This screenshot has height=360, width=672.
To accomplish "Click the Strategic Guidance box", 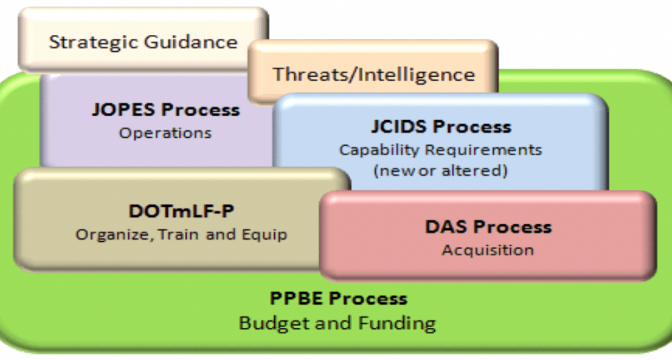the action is click(x=143, y=40).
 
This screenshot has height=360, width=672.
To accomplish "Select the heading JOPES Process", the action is click(x=166, y=110).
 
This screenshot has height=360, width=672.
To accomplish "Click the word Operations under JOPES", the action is click(x=165, y=133).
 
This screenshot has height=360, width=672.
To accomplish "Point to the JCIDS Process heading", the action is click(x=441, y=127).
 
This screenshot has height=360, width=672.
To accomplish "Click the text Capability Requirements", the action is click(x=441, y=150).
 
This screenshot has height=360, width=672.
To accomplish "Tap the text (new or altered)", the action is click(x=441, y=171).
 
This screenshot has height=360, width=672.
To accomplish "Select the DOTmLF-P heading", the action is click(x=181, y=212).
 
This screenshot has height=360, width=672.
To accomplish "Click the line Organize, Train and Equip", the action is click(x=181, y=235).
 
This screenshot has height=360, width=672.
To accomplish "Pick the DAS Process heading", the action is click(x=488, y=227).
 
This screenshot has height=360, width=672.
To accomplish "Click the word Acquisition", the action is click(x=488, y=250).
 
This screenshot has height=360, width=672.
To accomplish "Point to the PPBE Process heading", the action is click(x=338, y=298).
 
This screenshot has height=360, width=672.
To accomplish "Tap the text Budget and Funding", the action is click(x=337, y=323).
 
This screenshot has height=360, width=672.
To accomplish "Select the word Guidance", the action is click(x=191, y=42).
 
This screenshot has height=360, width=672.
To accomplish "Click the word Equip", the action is click(x=264, y=235).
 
